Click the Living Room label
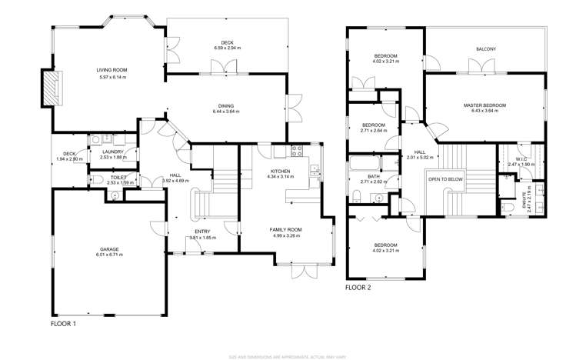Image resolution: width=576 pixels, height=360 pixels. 112,69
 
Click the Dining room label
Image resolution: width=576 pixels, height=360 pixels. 225,106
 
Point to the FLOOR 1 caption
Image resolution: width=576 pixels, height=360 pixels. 63,324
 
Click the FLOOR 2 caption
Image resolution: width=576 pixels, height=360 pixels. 358,287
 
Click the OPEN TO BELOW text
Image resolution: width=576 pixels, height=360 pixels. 445,178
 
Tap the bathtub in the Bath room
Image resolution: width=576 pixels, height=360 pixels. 361,164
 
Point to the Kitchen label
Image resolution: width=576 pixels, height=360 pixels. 280,171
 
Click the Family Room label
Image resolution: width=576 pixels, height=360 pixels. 285,229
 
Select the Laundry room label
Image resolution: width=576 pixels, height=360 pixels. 112,152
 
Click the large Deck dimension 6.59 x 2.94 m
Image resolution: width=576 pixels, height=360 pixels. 227,48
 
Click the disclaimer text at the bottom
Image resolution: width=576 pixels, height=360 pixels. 288,355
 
